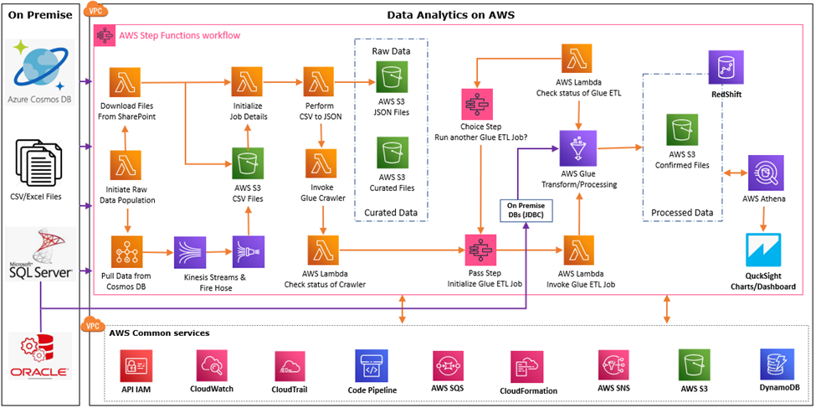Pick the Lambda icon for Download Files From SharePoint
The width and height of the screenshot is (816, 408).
[126, 83]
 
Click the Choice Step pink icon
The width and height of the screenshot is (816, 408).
[478, 111]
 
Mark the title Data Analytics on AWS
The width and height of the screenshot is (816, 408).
[450, 15]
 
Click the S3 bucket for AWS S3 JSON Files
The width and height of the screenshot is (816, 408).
[389, 80]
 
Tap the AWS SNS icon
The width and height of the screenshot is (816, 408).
[614, 367]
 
